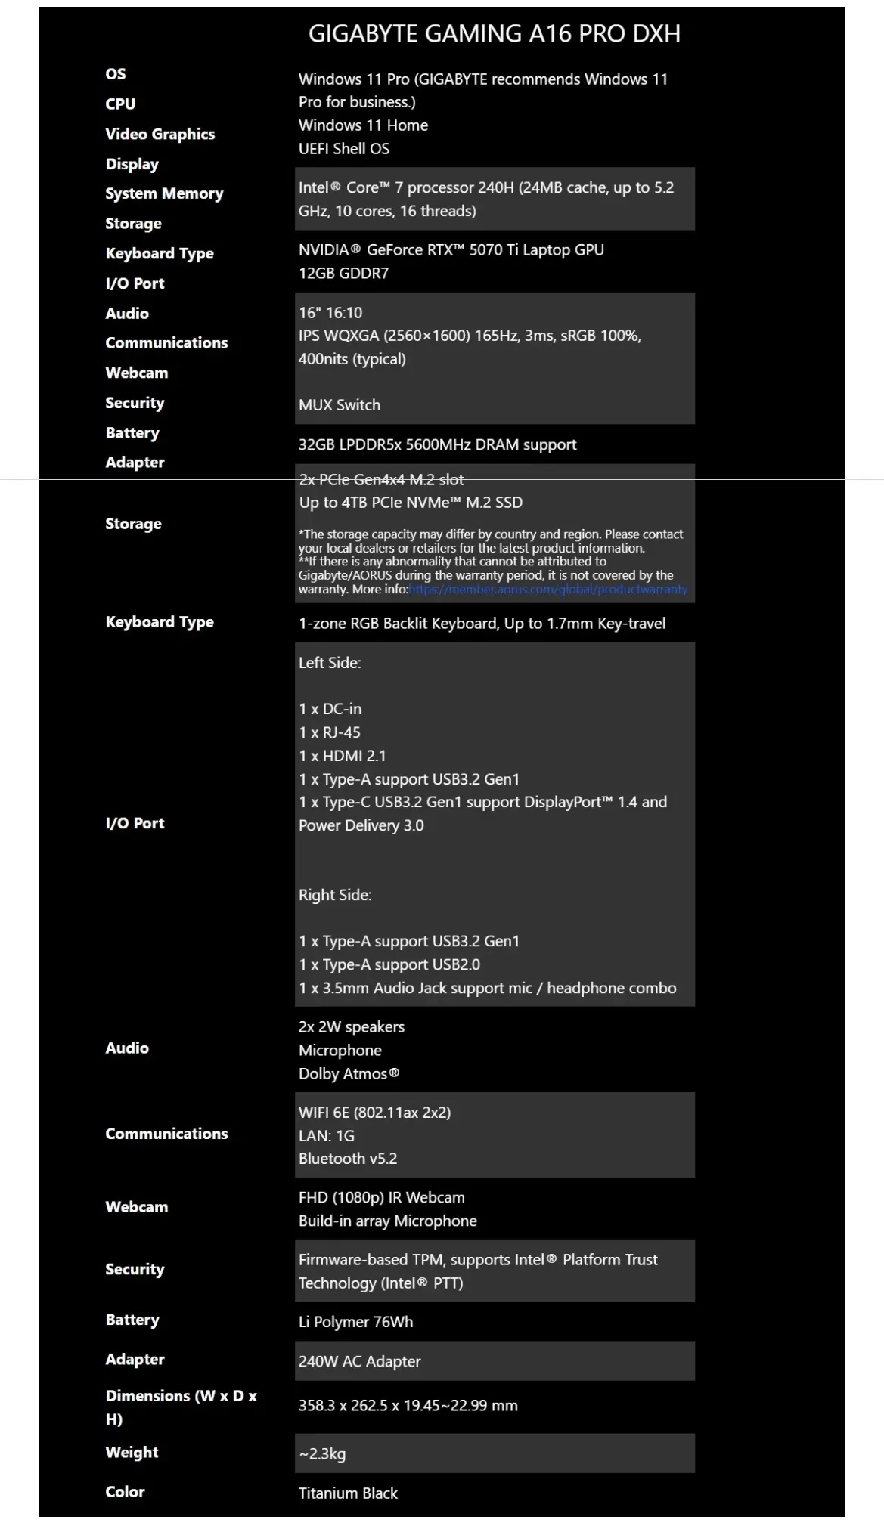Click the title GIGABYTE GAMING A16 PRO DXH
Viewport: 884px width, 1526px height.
[494, 34]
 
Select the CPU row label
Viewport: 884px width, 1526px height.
[120, 104]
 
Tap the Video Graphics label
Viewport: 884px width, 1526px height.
[160, 135]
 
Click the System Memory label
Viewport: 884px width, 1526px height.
[164, 193]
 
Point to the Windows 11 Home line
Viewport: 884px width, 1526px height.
[363, 125]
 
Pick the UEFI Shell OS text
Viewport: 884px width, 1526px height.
[343, 149]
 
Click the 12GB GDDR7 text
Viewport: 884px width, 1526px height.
[343, 274]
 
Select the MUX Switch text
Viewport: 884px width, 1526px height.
[339, 405]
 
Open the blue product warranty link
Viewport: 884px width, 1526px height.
[547, 590]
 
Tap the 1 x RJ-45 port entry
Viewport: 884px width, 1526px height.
[329, 732]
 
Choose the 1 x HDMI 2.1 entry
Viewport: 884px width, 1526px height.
[342, 756]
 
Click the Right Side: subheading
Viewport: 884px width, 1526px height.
[335, 896]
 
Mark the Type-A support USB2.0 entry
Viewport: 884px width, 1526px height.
[389, 965]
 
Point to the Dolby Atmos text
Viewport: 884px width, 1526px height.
[348, 1074]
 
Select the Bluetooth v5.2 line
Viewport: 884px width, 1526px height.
[347, 1159]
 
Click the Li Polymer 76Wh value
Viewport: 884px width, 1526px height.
[355, 1322]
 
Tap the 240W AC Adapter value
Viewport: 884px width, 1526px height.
[359, 1361]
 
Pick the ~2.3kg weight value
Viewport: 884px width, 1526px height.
[322, 1453]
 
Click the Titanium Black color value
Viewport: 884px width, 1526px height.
[348, 1493]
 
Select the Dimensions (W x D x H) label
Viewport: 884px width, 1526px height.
[181, 1407]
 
